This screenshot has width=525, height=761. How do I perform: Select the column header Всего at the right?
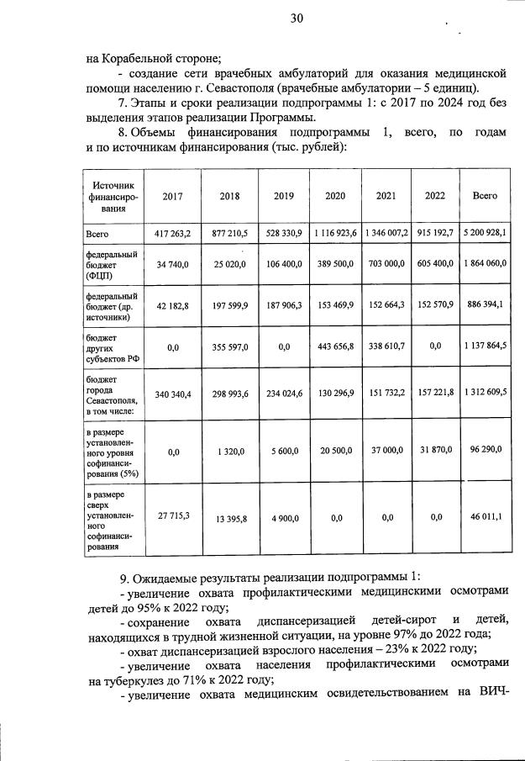(485, 196)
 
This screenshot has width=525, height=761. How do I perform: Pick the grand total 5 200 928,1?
(485, 233)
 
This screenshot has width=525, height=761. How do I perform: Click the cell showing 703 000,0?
(386, 264)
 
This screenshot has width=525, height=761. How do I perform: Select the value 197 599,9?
(229, 305)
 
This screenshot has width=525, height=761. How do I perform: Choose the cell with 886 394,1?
(485, 305)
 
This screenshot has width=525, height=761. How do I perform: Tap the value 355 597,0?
(229, 346)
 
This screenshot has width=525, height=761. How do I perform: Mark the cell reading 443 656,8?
(335, 346)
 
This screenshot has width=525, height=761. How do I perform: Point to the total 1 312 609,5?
(485, 393)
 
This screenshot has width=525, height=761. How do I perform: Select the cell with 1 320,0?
(229, 452)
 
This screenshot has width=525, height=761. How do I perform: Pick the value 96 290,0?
(485, 451)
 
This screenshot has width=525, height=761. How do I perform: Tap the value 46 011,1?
(485, 518)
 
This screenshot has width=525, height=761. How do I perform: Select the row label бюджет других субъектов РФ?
(106, 346)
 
